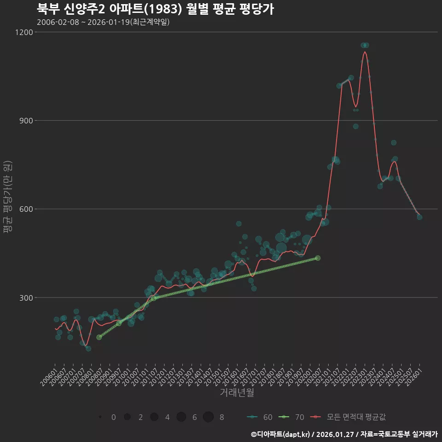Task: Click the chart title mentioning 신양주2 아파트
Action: point(155,9)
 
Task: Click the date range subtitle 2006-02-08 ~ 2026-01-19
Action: point(103,22)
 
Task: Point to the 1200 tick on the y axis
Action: point(24,32)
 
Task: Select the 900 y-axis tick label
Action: point(26,121)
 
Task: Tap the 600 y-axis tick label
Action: point(26,209)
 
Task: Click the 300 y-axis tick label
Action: point(26,297)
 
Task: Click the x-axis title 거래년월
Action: point(237,393)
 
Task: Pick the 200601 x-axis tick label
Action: point(48,374)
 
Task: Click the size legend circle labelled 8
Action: point(208,417)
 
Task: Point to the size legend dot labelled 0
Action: point(100,417)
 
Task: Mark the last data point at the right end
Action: point(419,217)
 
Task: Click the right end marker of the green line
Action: point(318,258)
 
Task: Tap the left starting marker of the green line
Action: point(99,337)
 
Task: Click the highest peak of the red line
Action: point(365,52)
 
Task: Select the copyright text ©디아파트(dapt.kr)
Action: point(280,434)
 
